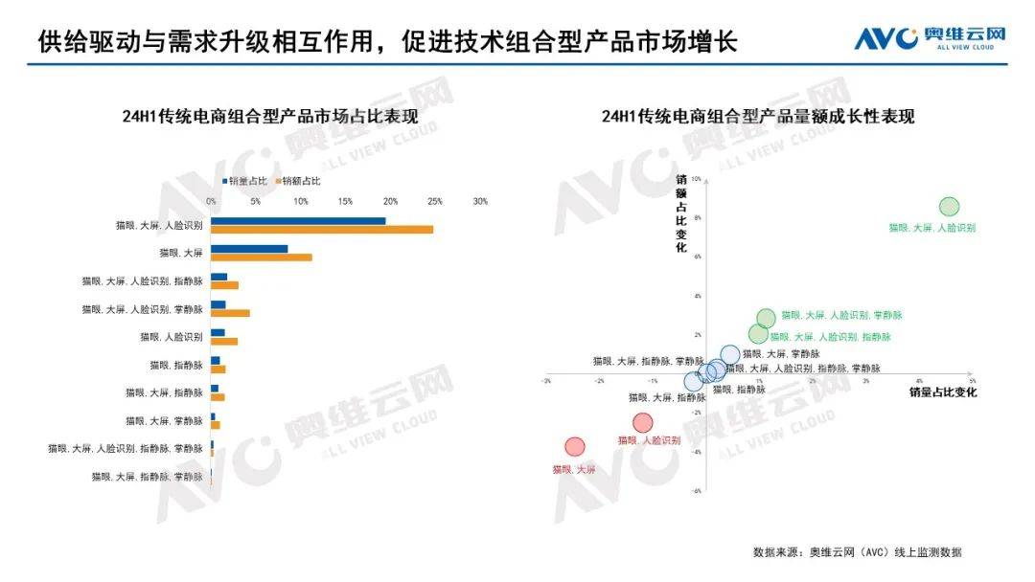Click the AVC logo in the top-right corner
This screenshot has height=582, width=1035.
coord(930,38)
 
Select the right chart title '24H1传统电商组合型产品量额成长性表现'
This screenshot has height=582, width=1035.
coord(758,117)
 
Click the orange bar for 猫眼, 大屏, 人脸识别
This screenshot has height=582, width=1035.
coord(322,230)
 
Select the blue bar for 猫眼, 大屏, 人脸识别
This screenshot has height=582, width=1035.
coord(298,221)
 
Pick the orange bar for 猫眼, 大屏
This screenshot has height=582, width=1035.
coord(262,257)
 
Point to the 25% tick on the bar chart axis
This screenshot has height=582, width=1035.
coord(435,201)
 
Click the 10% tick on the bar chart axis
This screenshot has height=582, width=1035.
coord(301,201)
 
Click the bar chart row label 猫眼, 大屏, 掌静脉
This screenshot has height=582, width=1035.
coord(164,420)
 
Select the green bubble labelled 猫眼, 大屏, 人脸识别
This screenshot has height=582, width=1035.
coord(949,207)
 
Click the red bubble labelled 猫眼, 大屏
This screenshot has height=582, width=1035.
coord(574,446)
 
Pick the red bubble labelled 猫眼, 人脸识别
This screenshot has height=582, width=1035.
coord(642,422)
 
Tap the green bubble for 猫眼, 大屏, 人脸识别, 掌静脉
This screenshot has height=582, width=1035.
coord(766,318)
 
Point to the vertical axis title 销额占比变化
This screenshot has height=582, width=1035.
coord(681,213)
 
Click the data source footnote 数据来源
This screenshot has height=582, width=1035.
coord(857,552)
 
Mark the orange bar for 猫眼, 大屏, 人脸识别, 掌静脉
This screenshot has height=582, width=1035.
coord(230,313)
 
